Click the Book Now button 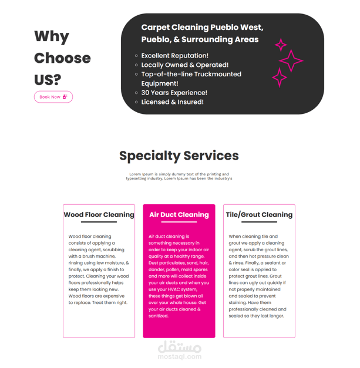[53, 97]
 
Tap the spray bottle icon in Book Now [65, 97]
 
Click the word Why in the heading [52, 36]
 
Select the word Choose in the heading [62, 58]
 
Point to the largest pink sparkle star [291, 60]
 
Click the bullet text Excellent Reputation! [175, 56]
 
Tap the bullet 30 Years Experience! [174, 93]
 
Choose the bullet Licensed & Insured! [173, 102]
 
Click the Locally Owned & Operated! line [185, 65]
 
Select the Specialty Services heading [179, 156]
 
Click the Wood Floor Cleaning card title [99, 215]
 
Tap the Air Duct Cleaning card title [179, 215]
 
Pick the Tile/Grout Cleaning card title [259, 215]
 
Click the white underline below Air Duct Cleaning [179, 222]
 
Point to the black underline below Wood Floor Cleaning [99, 222]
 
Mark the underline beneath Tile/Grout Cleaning [259, 222]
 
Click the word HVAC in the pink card [174, 289]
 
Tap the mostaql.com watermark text [180, 357]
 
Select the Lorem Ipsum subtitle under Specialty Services [179, 176]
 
